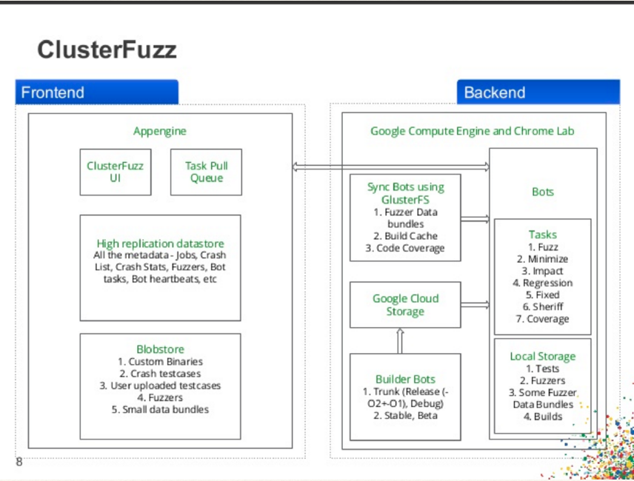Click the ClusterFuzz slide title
point(107,50)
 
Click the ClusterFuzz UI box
point(115,172)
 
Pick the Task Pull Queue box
point(206,172)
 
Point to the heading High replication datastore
point(160,243)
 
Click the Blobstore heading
point(160,349)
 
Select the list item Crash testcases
point(160,374)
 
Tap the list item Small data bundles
point(160,409)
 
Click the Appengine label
point(160,131)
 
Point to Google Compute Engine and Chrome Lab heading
point(473,131)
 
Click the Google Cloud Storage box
point(405,305)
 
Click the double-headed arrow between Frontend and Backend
point(391,167)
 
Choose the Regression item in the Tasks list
point(543,283)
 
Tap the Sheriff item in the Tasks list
point(543,307)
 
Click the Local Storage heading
point(543,356)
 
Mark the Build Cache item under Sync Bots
point(405,236)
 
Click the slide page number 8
point(19,462)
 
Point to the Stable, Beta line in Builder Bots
point(405,415)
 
